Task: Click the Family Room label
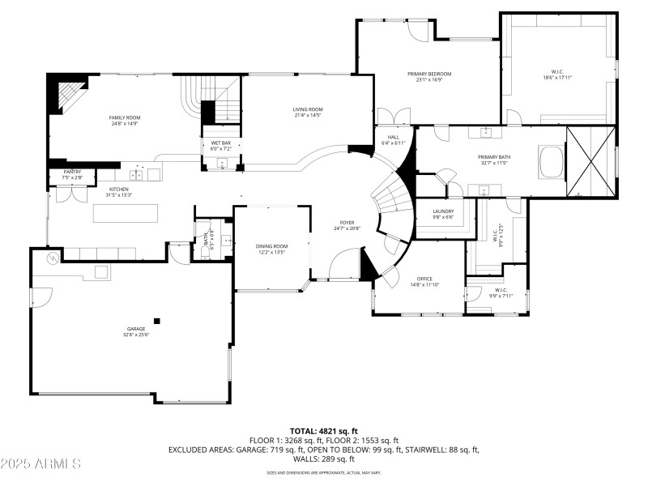pyautogui.click(x=125, y=117)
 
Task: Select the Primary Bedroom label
pyautogui.click(x=428, y=74)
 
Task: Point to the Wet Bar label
pyautogui.click(x=221, y=143)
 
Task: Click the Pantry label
pyautogui.click(x=72, y=172)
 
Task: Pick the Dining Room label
pyautogui.click(x=271, y=246)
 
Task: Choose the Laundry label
pyautogui.click(x=442, y=211)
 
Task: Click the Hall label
pyautogui.click(x=393, y=137)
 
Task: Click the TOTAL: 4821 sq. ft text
pyautogui.click(x=323, y=431)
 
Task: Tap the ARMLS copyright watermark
pyautogui.click(x=41, y=464)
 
